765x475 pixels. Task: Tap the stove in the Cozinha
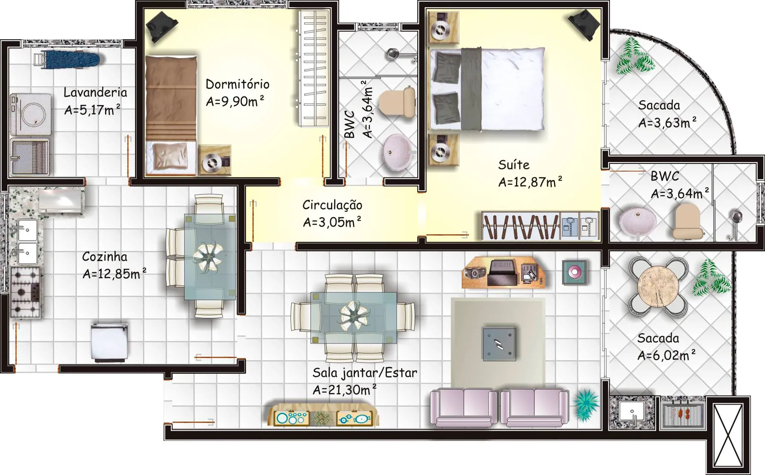click(x=25, y=293)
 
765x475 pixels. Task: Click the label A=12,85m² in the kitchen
click(x=114, y=273)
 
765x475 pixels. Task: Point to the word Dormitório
click(x=237, y=84)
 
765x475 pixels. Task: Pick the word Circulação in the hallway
click(x=332, y=205)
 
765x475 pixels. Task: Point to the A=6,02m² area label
click(x=666, y=355)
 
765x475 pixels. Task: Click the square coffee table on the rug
click(x=499, y=344)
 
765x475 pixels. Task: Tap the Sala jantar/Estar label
click(x=364, y=373)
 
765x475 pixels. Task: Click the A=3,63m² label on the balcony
click(x=668, y=122)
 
